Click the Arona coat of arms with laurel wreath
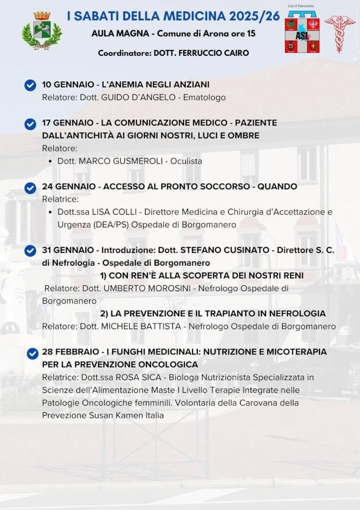tap(42, 31)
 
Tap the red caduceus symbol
tap(339, 34)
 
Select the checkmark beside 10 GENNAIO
tap(30, 85)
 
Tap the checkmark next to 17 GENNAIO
tap(30, 124)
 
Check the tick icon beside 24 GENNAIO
tap(30, 187)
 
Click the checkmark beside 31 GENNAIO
tap(30, 251)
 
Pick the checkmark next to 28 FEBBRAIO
tap(33, 353)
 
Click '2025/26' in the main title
tap(254, 17)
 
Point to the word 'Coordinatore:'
tap(125, 53)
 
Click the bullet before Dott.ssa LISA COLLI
tap(50, 212)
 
